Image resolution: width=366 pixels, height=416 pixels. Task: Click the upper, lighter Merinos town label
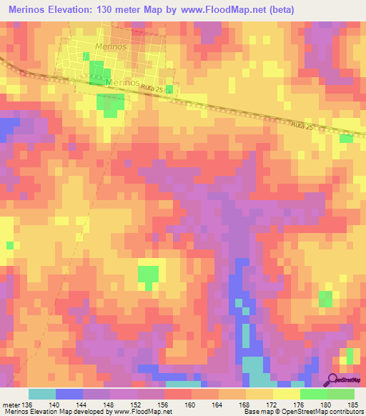pyautogui.click(x=111, y=46)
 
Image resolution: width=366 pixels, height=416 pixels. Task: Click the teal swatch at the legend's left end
pyautogui.click(x=42, y=394)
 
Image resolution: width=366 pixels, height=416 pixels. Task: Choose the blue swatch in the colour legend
pyautogui.click(x=69, y=394)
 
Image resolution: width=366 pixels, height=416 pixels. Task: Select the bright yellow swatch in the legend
pyautogui.click(x=287, y=394)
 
